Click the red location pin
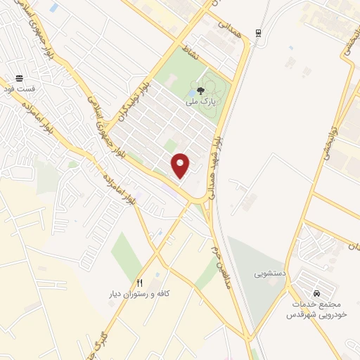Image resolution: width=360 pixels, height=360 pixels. coord(181,165)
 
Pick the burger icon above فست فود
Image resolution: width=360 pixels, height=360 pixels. coord(18,78)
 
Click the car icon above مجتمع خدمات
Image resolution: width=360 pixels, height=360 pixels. coord(316,292)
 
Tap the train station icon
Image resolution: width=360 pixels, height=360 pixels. coord(259,32)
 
